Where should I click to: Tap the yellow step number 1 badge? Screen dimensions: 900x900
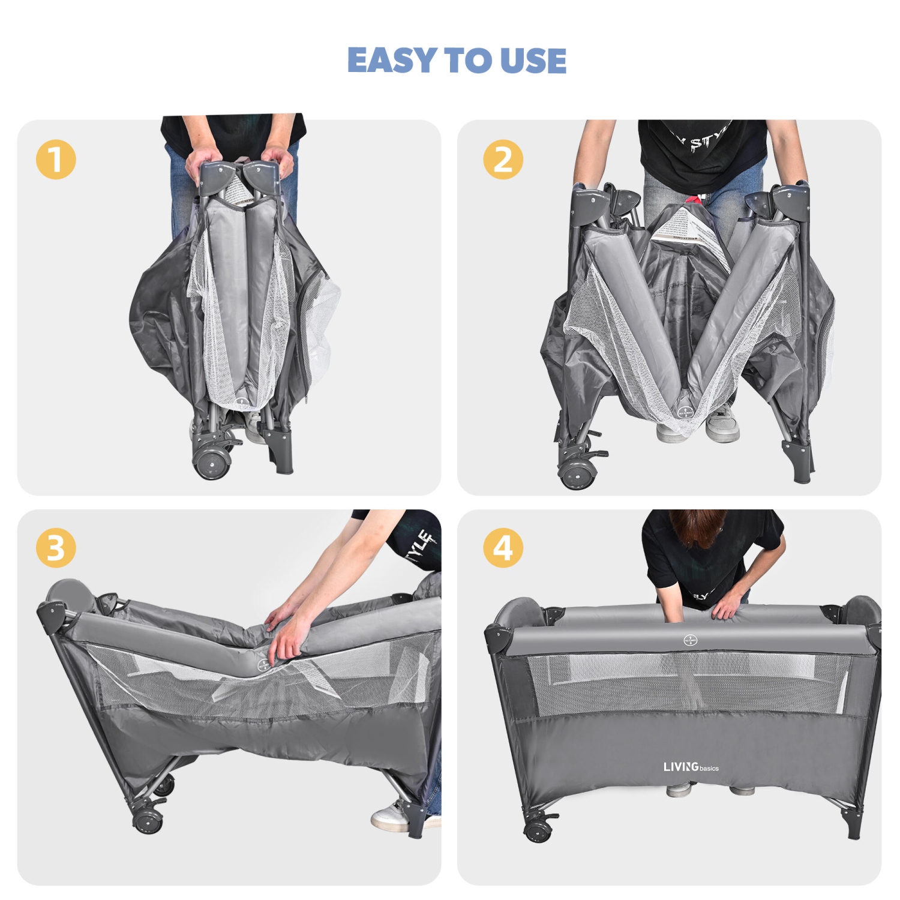click(56, 160)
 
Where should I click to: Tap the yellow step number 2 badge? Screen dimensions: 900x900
click(503, 160)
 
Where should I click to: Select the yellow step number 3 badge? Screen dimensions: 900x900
click(56, 548)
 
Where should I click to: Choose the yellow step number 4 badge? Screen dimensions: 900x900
click(503, 548)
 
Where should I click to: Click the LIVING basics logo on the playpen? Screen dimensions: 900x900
click(691, 767)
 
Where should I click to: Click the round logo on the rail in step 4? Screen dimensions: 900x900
click(690, 641)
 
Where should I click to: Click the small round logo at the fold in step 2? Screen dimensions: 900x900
click(685, 412)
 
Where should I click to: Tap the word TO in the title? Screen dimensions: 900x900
click(467, 61)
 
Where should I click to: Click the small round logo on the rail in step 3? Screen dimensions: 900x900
click(263, 665)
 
